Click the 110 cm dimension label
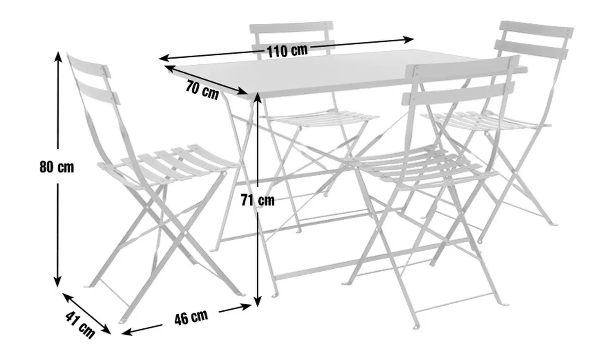pos(287,51)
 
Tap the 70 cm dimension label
pos(202,90)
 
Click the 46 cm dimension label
pos(191,317)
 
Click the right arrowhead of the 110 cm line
pos(409,40)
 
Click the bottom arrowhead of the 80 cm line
pos(57,282)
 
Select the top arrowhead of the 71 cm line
pos(257,97)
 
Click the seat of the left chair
pos(167,164)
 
